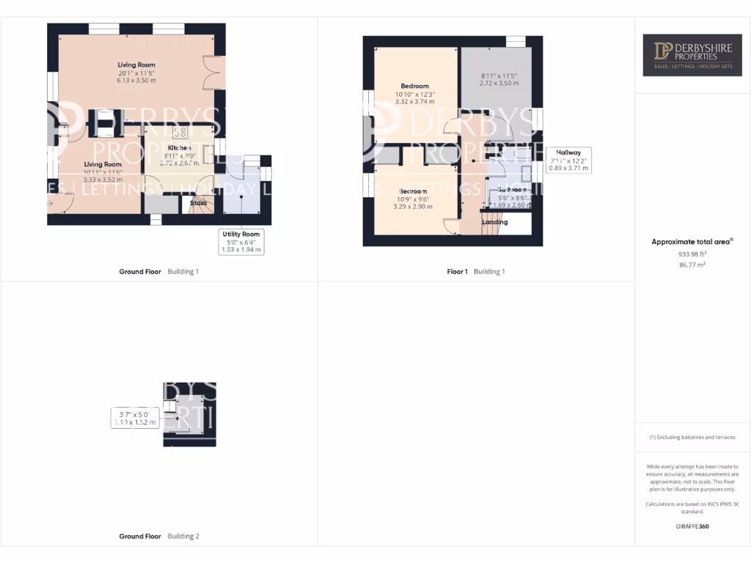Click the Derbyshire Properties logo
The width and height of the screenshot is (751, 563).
(x=692, y=54)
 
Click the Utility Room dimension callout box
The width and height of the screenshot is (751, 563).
(x=241, y=242)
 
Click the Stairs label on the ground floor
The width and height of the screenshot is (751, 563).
(x=199, y=202)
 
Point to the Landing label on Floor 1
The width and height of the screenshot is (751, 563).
(x=494, y=222)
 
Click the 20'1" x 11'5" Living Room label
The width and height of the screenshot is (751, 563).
(x=136, y=73)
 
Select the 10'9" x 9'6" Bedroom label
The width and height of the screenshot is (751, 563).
(x=414, y=199)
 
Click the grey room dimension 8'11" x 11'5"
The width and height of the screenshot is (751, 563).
(x=499, y=80)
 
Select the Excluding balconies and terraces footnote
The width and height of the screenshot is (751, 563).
(x=692, y=438)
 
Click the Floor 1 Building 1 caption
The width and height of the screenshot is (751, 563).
(x=476, y=271)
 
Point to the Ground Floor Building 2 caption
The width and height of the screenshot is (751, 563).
(x=159, y=536)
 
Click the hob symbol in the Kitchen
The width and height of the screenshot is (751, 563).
(x=180, y=133)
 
